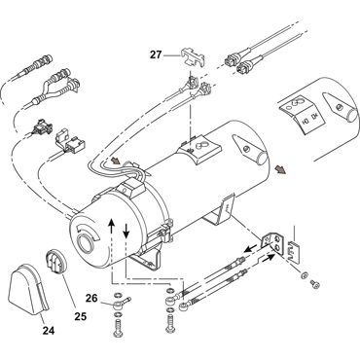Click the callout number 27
(156, 54)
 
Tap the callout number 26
(91, 298)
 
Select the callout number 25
(81, 316)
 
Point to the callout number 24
(49, 330)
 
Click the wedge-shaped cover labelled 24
(29, 290)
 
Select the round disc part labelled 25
(55, 262)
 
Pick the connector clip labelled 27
(193, 57)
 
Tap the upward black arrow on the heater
(111, 227)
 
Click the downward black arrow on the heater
(126, 230)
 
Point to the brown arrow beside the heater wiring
(115, 161)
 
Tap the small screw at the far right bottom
(315, 284)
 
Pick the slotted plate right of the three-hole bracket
(295, 251)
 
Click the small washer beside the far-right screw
(305, 275)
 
